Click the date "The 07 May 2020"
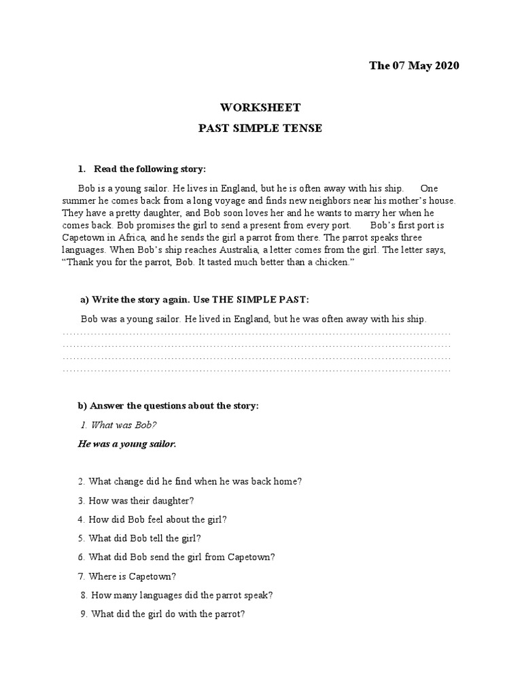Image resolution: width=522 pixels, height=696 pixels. point(414,66)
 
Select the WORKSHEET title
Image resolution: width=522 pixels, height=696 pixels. point(260,107)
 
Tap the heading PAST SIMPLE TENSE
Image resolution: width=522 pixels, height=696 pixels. point(260,128)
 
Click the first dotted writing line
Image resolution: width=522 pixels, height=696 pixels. point(256,334)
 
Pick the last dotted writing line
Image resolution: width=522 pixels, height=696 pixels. point(256,370)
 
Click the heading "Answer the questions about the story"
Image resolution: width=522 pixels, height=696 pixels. point(169,406)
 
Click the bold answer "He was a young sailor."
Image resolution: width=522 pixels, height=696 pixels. point(127,444)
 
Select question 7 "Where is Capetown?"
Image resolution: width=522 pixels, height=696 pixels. point(127,576)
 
